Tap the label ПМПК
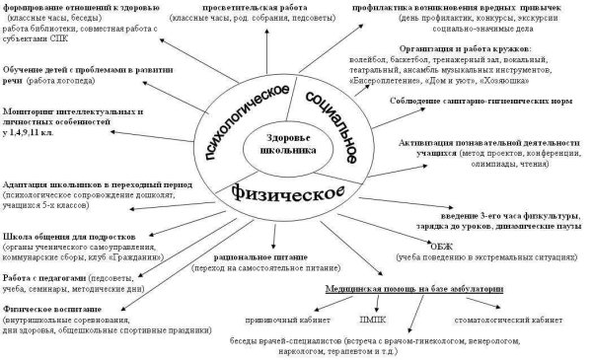click(373, 320)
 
